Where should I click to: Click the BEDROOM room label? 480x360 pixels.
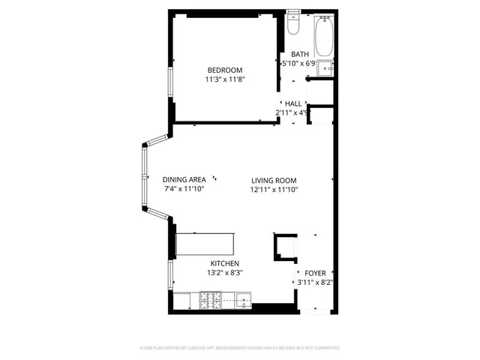click(x=225, y=70)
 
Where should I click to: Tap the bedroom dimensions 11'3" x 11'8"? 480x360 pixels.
click(x=225, y=79)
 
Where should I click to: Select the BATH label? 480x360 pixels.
click(x=300, y=54)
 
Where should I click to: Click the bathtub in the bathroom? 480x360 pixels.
click(x=324, y=37)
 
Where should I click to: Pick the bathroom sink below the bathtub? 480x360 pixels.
click(x=325, y=69)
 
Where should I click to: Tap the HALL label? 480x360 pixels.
click(x=292, y=103)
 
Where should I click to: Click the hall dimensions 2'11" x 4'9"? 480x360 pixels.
click(x=292, y=112)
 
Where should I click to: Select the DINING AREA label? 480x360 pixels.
click(x=184, y=179)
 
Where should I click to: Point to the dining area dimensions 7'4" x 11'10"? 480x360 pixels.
click(x=184, y=189)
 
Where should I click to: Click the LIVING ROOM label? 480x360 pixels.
click(x=274, y=180)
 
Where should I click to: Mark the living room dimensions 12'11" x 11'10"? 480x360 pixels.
click(x=274, y=190)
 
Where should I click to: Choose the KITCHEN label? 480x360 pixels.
click(x=224, y=263)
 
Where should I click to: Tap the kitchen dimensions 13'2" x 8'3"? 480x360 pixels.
click(x=224, y=273)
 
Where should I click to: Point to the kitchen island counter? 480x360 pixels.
click(x=205, y=242)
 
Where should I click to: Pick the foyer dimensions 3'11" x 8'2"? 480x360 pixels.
click(x=315, y=283)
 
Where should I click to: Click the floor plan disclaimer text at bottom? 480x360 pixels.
click(x=240, y=348)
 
